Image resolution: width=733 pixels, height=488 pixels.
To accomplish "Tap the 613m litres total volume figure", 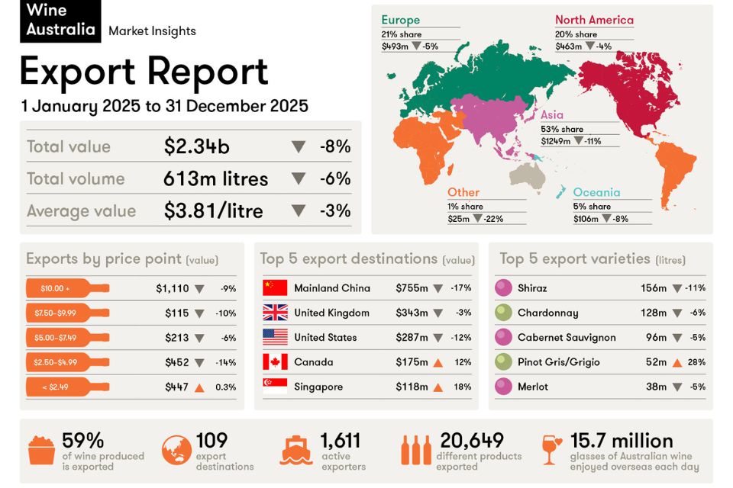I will [x=215, y=179].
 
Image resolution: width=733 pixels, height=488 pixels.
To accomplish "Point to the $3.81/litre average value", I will [x=214, y=211].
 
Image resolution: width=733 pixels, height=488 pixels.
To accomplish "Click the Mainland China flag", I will [x=275, y=288].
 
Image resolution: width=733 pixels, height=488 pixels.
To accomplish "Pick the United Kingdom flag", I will [x=275, y=313].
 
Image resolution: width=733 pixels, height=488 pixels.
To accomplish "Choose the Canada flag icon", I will [x=275, y=362].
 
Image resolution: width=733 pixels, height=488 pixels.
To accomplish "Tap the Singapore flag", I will [x=275, y=387].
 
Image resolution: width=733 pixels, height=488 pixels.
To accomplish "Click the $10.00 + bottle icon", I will [x=67, y=288].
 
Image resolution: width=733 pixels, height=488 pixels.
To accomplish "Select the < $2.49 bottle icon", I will [x=67, y=387].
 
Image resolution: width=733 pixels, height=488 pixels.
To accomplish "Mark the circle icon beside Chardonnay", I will [x=503, y=313].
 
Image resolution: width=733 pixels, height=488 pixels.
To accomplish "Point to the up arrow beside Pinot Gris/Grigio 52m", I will [x=676, y=363].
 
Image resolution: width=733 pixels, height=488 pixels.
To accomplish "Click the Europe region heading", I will [x=400, y=20].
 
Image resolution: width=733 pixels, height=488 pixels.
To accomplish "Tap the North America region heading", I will [x=594, y=20].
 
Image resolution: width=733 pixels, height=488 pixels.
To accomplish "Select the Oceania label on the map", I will [x=596, y=193].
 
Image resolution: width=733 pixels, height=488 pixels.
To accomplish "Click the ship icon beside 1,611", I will [x=296, y=450].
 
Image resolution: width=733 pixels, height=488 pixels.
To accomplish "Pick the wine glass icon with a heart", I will [x=551, y=450].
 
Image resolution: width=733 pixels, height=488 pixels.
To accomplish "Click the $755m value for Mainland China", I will [x=412, y=288].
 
